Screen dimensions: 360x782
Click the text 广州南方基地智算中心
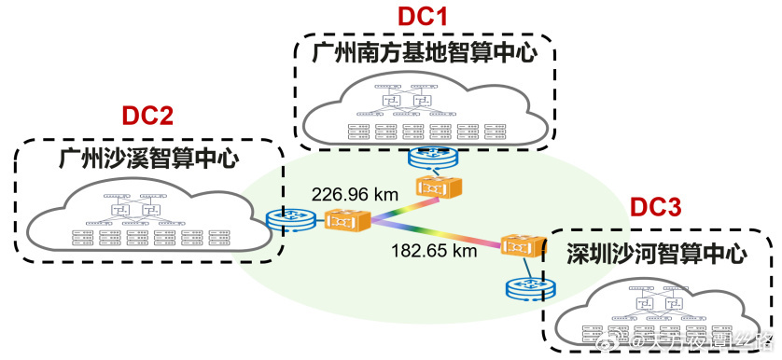tap(425, 53)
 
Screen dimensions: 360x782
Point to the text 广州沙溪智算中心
tap(148, 157)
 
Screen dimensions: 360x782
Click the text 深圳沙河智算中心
tap(658, 253)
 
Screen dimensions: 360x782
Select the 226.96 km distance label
tap(355, 195)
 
